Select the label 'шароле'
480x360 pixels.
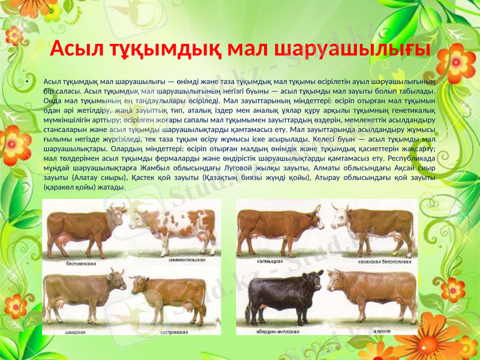tap(383, 331)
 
